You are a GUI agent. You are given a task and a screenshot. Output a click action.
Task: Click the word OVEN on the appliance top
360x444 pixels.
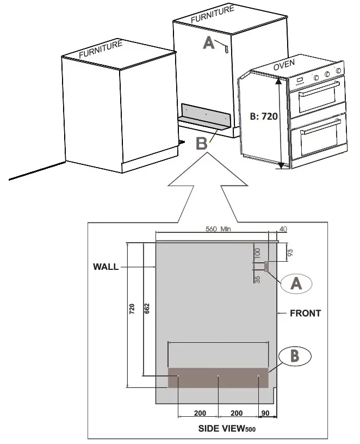click(x=284, y=65)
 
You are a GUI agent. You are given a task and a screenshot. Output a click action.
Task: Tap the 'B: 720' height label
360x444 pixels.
click(x=264, y=116)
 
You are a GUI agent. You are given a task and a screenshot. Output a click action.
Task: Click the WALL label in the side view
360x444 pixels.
click(x=105, y=267)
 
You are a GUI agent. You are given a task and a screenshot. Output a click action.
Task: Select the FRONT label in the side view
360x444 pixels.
click(x=306, y=313)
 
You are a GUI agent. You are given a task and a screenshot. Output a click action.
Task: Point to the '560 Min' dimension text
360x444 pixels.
click(x=218, y=229)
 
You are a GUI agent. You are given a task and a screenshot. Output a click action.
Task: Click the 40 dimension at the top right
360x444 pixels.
click(x=283, y=229)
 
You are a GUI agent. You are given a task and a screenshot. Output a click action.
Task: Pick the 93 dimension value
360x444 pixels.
click(x=290, y=252)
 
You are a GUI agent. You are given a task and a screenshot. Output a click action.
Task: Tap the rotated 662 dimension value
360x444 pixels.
click(x=147, y=309)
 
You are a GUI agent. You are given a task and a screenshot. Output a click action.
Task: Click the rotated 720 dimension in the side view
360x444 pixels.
click(x=132, y=309)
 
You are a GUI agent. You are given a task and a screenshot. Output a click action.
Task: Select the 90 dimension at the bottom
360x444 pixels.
click(x=265, y=413)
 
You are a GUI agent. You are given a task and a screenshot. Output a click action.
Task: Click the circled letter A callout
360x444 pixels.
click(x=296, y=283)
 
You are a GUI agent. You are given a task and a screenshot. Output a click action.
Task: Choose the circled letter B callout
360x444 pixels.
click(x=295, y=356)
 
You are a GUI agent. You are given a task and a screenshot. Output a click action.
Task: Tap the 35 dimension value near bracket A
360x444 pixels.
click(x=257, y=279)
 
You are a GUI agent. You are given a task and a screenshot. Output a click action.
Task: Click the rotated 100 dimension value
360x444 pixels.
click(x=257, y=252)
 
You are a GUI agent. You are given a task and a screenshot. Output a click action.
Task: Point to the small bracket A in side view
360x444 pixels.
click(x=266, y=266)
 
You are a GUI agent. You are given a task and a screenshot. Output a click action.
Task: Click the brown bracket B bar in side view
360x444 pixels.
click(x=218, y=378)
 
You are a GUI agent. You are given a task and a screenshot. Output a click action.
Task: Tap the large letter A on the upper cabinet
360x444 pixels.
click(x=209, y=43)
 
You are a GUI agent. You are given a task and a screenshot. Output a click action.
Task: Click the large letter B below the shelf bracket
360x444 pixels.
click(x=202, y=143)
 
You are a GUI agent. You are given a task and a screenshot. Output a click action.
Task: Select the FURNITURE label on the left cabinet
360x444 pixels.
click(x=101, y=50)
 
